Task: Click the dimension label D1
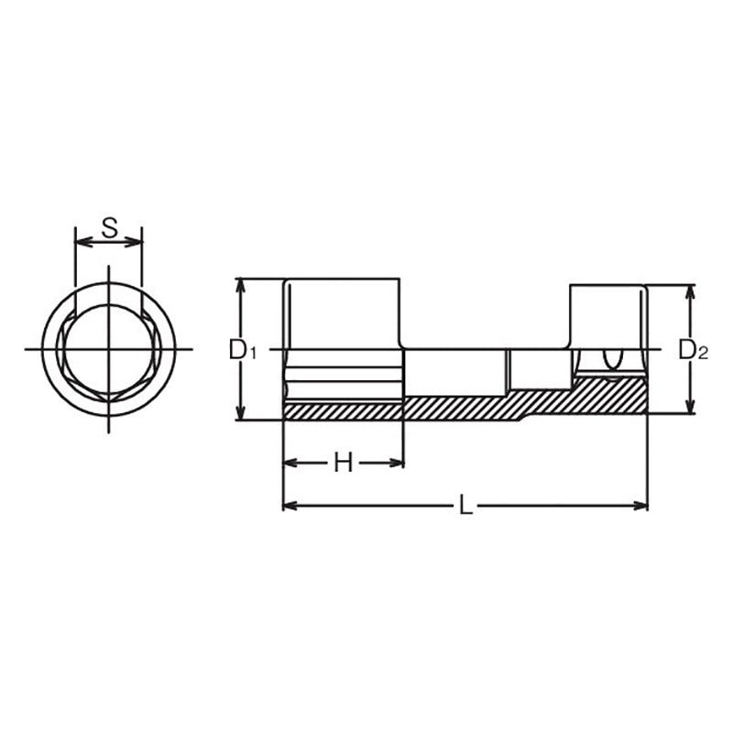[241, 349]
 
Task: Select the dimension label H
[342, 464]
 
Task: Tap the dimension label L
[465, 505]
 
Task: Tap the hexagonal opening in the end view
[108, 350]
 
